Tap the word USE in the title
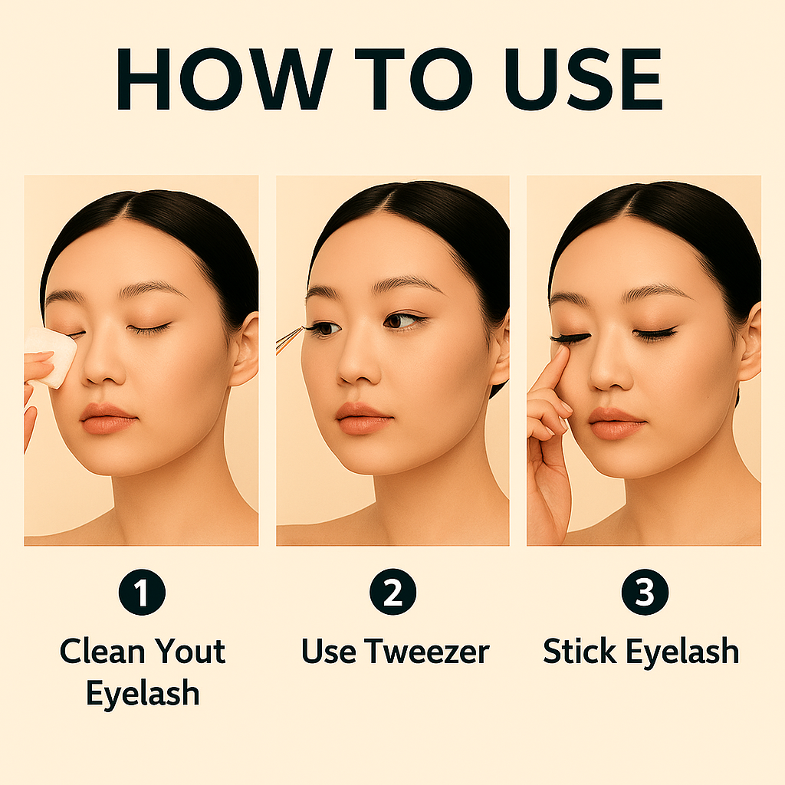583,79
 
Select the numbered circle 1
142,592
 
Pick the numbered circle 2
393,592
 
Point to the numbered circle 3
645,592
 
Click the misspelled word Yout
190,652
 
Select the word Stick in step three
580,651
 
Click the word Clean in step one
103,652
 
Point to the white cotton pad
51,356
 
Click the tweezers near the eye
289,340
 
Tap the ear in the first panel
245,349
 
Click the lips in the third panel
617,423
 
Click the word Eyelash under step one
143,694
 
